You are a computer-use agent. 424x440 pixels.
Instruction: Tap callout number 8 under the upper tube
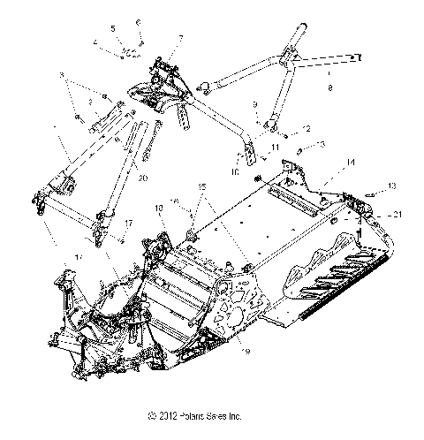(x=329, y=88)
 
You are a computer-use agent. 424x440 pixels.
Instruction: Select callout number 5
(x=112, y=29)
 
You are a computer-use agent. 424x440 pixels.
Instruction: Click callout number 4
(x=95, y=42)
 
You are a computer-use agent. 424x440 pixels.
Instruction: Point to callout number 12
(x=307, y=128)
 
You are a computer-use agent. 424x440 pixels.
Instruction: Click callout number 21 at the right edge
(x=400, y=215)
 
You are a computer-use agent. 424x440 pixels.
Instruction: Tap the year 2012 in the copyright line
(x=163, y=415)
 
